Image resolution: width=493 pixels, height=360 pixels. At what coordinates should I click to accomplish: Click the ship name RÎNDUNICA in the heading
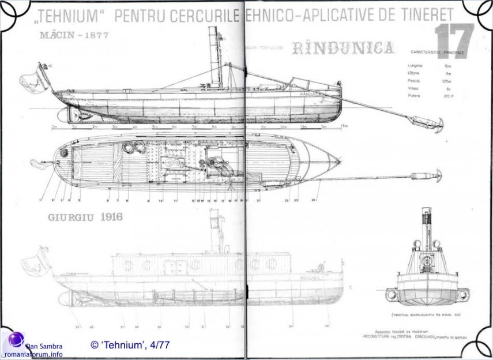tap(343, 48)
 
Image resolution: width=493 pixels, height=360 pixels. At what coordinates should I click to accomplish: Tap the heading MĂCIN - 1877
tap(74, 35)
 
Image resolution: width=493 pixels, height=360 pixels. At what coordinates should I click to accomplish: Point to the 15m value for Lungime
tap(447, 66)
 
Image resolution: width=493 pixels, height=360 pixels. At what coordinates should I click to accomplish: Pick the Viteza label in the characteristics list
tap(413, 88)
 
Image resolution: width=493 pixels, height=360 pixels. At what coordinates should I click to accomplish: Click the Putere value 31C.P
tap(447, 96)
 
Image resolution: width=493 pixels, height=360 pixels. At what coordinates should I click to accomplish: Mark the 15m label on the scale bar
tap(344, 126)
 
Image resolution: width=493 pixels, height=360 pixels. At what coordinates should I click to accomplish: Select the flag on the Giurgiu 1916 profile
tap(36, 261)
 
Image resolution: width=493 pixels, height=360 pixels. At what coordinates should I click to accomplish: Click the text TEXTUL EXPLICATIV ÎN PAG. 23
tap(419, 315)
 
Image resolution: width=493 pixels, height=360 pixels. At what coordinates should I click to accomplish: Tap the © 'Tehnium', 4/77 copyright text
tap(130, 345)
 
